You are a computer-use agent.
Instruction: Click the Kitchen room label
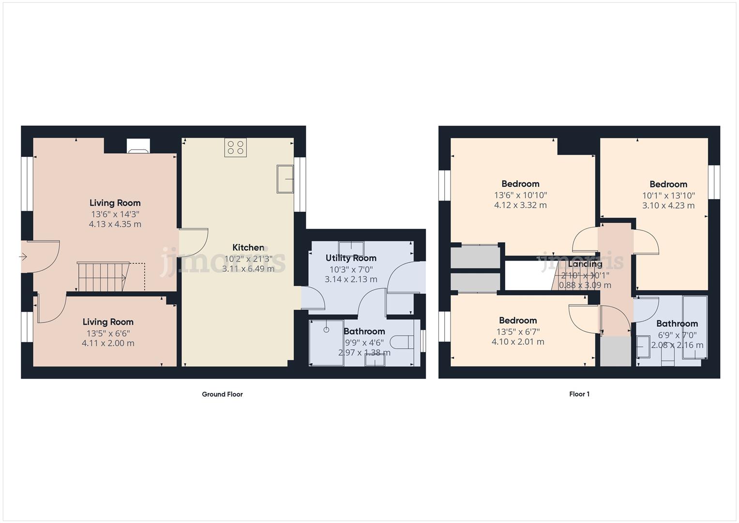pyautogui.click(x=248, y=247)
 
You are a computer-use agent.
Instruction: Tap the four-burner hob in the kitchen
pyautogui.click(x=236, y=148)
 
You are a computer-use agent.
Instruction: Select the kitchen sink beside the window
pyautogui.click(x=286, y=179)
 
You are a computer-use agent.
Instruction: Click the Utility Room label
pyautogui.click(x=351, y=258)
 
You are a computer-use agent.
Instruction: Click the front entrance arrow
pyautogui.click(x=23, y=257)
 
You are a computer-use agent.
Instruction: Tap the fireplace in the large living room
pyautogui.click(x=138, y=146)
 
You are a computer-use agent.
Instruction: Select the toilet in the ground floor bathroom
pyautogui.click(x=402, y=342)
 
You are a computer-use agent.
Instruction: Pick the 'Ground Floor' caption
pyautogui.click(x=222, y=394)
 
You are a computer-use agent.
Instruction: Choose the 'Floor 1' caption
pyautogui.click(x=579, y=394)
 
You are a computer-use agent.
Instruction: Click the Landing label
pyautogui.click(x=585, y=264)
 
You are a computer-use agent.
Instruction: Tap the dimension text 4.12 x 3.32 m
pyautogui.click(x=520, y=205)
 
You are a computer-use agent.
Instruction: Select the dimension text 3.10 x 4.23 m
pyautogui.click(x=668, y=205)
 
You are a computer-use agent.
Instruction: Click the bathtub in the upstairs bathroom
pyautogui.click(x=694, y=327)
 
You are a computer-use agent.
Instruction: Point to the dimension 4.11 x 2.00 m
pyautogui.click(x=108, y=343)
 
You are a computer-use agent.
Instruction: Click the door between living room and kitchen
pyautogui.click(x=193, y=242)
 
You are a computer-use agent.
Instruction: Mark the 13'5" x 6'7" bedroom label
pyautogui.click(x=518, y=321)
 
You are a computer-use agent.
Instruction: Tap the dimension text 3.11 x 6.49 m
pyautogui.click(x=248, y=269)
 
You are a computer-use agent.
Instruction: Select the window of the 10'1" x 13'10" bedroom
pyautogui.click(x=714, y=182)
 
